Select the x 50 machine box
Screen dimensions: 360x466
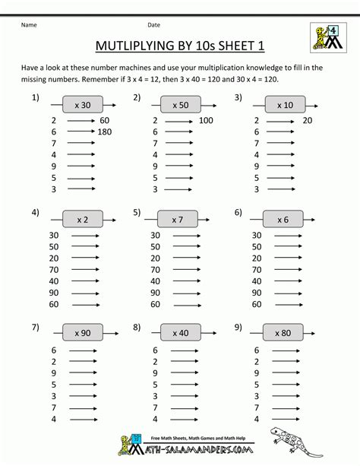[x=179, y=104]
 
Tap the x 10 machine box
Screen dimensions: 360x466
[x=284, y=104]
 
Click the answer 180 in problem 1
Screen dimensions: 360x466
[x=106, y=132]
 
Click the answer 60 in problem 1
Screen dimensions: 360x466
[x=105, y=120]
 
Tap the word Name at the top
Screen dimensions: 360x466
[x=30, y=24]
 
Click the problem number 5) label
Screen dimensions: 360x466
[x=137, y=212]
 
